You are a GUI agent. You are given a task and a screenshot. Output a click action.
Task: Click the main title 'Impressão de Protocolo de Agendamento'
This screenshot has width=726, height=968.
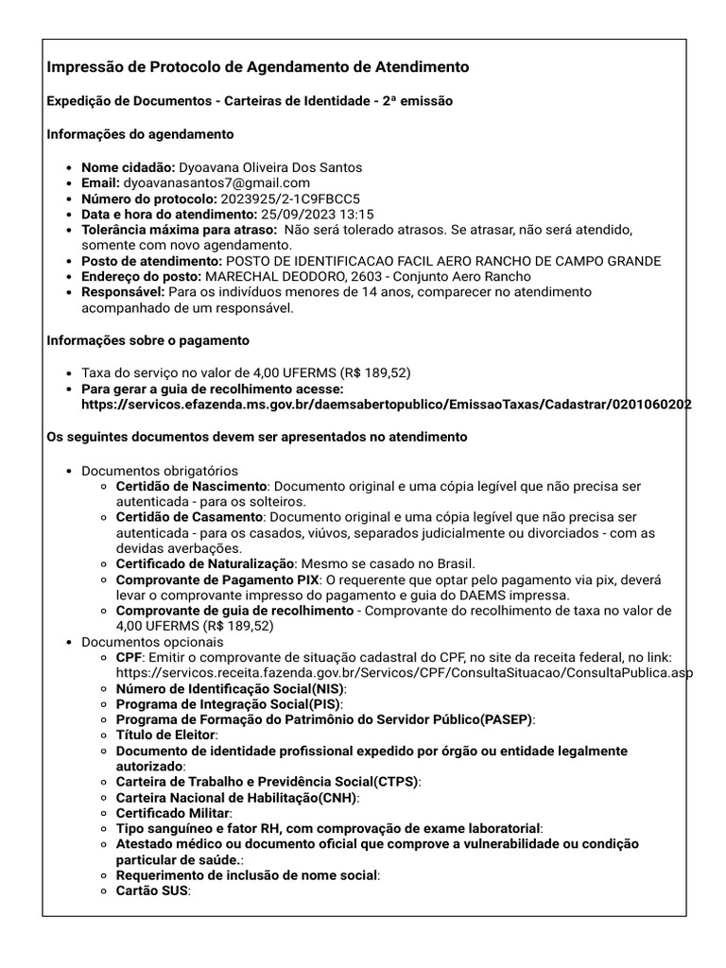click(257, 67)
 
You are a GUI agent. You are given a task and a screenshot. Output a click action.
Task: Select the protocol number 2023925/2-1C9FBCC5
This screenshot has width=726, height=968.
click(290, 199)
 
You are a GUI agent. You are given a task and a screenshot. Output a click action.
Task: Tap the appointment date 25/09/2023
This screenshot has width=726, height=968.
click(295, 215)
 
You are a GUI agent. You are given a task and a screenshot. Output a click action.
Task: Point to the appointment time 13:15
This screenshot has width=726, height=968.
click(355, 215)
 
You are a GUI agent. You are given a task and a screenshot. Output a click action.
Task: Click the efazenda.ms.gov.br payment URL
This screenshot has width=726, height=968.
click(387, 404)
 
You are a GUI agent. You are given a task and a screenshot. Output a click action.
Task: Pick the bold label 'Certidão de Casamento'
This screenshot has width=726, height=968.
click(189, 517)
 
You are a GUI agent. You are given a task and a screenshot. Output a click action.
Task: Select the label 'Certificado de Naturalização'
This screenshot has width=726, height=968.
click(206, 563)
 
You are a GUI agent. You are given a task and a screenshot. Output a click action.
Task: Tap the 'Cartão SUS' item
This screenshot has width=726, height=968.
click(152, 890)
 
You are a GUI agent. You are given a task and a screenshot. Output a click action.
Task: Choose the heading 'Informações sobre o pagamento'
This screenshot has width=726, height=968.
click(148, 340)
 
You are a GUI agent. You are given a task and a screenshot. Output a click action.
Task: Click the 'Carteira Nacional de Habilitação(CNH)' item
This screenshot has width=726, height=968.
click(236, 797)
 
